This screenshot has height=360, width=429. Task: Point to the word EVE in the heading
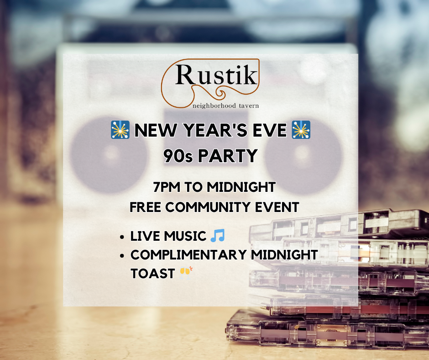[269, 132]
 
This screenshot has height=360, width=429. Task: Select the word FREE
[146, 207]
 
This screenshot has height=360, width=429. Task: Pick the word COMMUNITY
[211, 207]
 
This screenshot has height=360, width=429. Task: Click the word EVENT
[278, 207]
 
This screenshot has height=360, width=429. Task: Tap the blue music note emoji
[218, 236]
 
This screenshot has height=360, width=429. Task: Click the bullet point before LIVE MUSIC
[122, 237]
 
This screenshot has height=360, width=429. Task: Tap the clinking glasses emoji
[185, 273]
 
